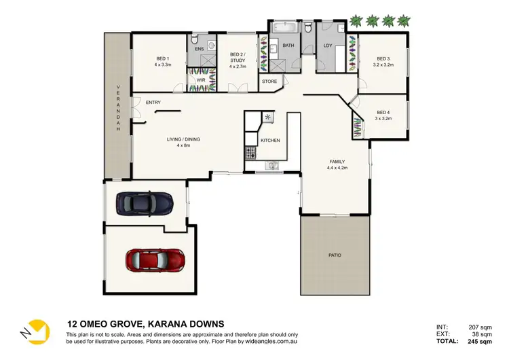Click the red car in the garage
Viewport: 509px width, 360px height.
pos(155,259)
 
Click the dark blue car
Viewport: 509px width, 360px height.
pos(144,202)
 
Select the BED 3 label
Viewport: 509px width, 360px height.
pos(383,58)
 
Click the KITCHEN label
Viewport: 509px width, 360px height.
pos(270,141)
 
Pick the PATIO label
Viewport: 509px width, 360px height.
pos(335,255)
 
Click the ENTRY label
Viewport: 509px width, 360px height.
pos(153,103)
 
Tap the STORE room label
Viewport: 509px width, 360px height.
pos(269,82)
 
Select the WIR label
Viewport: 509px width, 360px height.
pos(201,79)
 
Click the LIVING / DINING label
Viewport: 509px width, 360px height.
pos(183,140)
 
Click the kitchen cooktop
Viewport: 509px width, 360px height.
pos(268,118)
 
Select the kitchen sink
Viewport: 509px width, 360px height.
pos(273,164)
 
